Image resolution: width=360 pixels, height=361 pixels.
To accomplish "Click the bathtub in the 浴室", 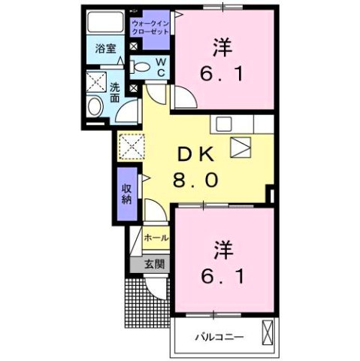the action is click(105, 22).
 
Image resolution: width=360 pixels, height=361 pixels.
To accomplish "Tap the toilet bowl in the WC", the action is click(141, 67).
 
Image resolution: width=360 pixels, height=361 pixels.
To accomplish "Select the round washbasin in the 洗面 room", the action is click(95, 106).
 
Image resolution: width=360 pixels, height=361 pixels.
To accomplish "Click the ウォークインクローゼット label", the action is click(150, 28).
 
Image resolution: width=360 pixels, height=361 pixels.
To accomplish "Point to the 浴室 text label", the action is click(105, 48).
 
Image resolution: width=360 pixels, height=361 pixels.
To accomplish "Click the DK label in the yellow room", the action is click(195, 155).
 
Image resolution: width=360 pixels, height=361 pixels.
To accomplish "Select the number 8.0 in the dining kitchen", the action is click(195, 180).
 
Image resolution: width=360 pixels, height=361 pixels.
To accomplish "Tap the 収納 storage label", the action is click(127, 194).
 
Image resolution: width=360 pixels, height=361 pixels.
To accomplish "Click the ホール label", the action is click(156, 237).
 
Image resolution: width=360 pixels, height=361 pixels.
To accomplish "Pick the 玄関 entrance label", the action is click(155, 264).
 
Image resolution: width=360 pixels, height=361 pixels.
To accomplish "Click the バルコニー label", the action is click(219, 337).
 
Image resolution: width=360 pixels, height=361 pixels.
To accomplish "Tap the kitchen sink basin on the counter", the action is click(224, 124).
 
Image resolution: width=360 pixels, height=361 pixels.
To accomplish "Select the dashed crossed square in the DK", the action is click(132, 147).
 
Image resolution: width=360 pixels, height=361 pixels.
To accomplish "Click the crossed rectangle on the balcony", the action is click(268, 332).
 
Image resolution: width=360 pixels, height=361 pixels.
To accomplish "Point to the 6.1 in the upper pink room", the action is click(222, 73).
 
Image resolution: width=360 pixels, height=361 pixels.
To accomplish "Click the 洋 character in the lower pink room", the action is click(223, 250).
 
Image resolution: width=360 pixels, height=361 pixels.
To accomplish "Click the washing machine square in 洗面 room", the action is click(96, 82).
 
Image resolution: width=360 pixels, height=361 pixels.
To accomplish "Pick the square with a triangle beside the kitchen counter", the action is click(241, 147).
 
